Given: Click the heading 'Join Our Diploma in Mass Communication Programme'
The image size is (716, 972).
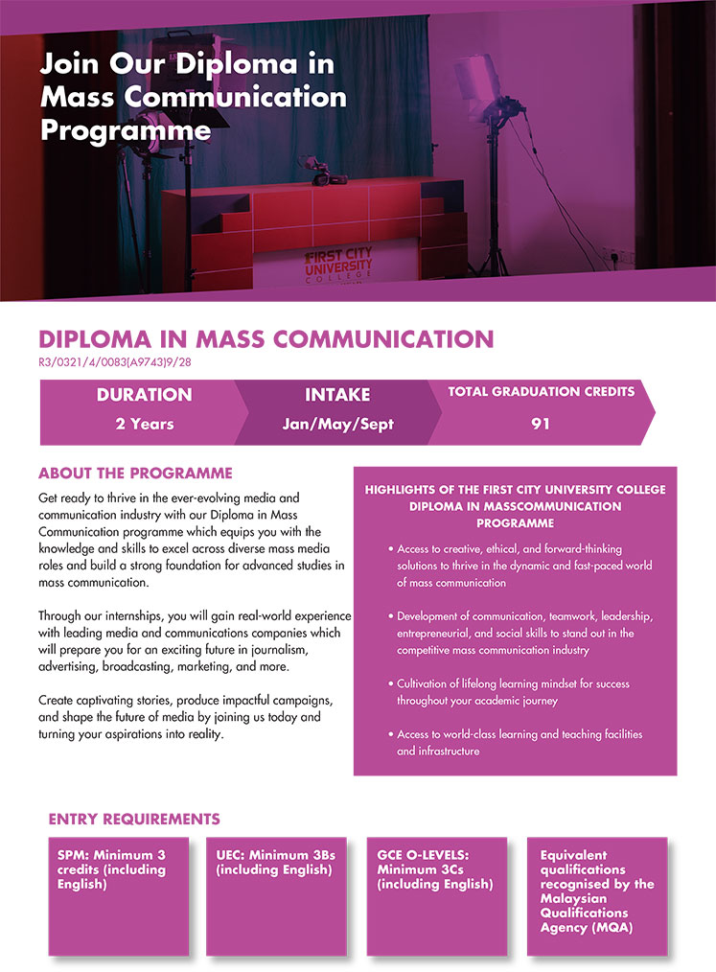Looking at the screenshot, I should pyautogui.click(x=193, y=97).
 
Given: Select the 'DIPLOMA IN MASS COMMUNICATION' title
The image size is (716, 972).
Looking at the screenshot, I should pyautogui.click(x=266, y=339).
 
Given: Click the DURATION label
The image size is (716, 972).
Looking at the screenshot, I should pyautogui.click(x=144, y=395).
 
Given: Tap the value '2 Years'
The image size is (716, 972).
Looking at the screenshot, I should pyautogui.click(x=144, y=424).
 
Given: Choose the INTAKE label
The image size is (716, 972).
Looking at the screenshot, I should pyautogui.click(x=337, y=395).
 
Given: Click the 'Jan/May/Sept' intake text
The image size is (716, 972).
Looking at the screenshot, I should pyautogui.click(x=337, y=424).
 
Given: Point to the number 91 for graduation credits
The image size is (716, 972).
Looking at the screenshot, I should pyautogui.click(x=541, y=424).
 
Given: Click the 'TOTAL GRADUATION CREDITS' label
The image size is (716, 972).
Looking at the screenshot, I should pyautogui.click(x=541, y=392).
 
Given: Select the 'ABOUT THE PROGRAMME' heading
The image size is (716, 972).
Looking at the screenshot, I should pyautogui.click(x=135, y=474).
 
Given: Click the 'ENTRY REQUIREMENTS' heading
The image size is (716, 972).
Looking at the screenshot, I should pyautogui.click(x=134, y=820).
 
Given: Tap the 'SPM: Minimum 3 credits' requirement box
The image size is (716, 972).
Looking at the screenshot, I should pyautogui.click(x=120, y=895).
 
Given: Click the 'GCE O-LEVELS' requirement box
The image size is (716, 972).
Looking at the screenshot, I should pyautogui.click(x=437, y=895).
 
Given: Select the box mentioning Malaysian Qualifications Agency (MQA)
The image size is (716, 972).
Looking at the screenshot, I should pyautogui.click(x=596, y=895).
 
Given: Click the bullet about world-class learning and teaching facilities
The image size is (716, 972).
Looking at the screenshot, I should pyautogui.click(x=520, y=743).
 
